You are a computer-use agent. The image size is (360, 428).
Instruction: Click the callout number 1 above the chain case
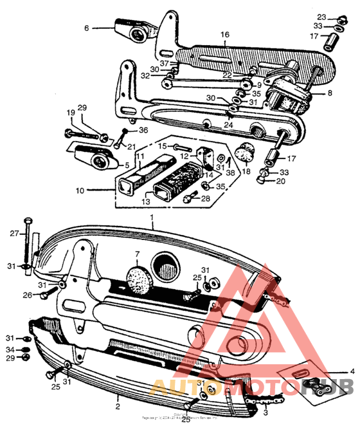point(152,218)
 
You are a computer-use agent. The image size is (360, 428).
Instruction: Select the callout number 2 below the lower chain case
point(118,407)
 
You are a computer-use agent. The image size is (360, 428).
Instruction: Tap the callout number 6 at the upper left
point(85,28)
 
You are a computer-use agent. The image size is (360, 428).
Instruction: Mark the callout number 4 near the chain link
point(352,371)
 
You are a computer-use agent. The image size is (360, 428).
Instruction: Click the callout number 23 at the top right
point(340,16)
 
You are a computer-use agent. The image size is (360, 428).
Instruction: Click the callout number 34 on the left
point(10,350)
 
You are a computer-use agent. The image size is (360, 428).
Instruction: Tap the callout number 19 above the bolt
point(70,113)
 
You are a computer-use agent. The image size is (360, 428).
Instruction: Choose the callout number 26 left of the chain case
point(27,295)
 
